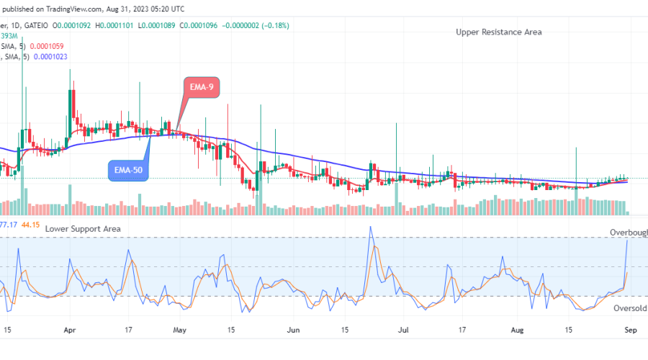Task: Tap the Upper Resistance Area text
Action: point(498,32)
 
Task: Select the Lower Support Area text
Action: point(82,228)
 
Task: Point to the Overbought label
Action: point(628,233)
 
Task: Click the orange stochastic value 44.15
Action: point(30,225)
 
